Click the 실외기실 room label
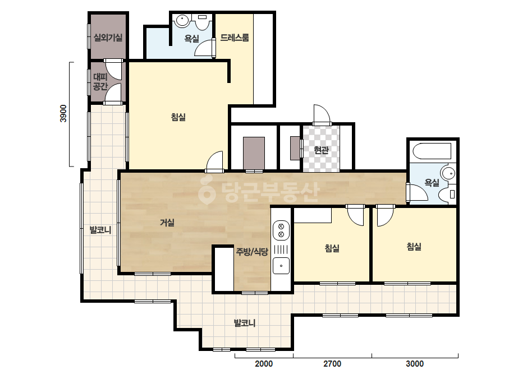108,38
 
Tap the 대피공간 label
100,82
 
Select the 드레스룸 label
234,38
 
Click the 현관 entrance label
321,150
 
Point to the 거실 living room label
167,223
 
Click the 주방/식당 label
252,252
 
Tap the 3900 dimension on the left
63,114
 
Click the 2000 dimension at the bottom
264,364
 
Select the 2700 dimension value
332,364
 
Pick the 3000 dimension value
415,364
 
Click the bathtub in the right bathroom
432,151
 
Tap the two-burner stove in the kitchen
281,230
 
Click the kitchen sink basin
281,266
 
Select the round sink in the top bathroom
182,21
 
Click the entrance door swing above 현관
322,114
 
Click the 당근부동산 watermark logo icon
207,190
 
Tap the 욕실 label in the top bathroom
191,39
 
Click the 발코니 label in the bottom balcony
245,323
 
